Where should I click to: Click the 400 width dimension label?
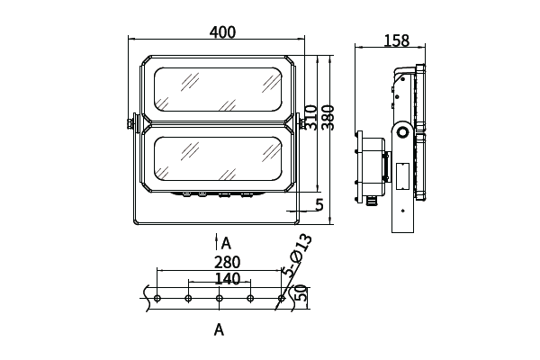click(x=222, y=32)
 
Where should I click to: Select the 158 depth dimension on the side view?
click(x=396, y=40)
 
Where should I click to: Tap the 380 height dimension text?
click(x=328, y=115)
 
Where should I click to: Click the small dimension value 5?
click(x=319, y=205)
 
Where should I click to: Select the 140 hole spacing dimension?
click(x=228, y=279)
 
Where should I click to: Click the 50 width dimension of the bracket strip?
click(x=302, y=294)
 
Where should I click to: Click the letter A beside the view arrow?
click(x=227, y=243)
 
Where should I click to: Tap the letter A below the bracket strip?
click(x=219, y=330)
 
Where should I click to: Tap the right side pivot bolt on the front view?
click(x=300, y=121)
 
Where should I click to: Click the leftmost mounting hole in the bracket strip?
click(x=157, y=298)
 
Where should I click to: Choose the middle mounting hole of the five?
click(x=219, y=298)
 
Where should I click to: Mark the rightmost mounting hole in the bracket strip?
click(x=282, y=298)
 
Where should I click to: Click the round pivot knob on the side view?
click(x=400, y=132)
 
